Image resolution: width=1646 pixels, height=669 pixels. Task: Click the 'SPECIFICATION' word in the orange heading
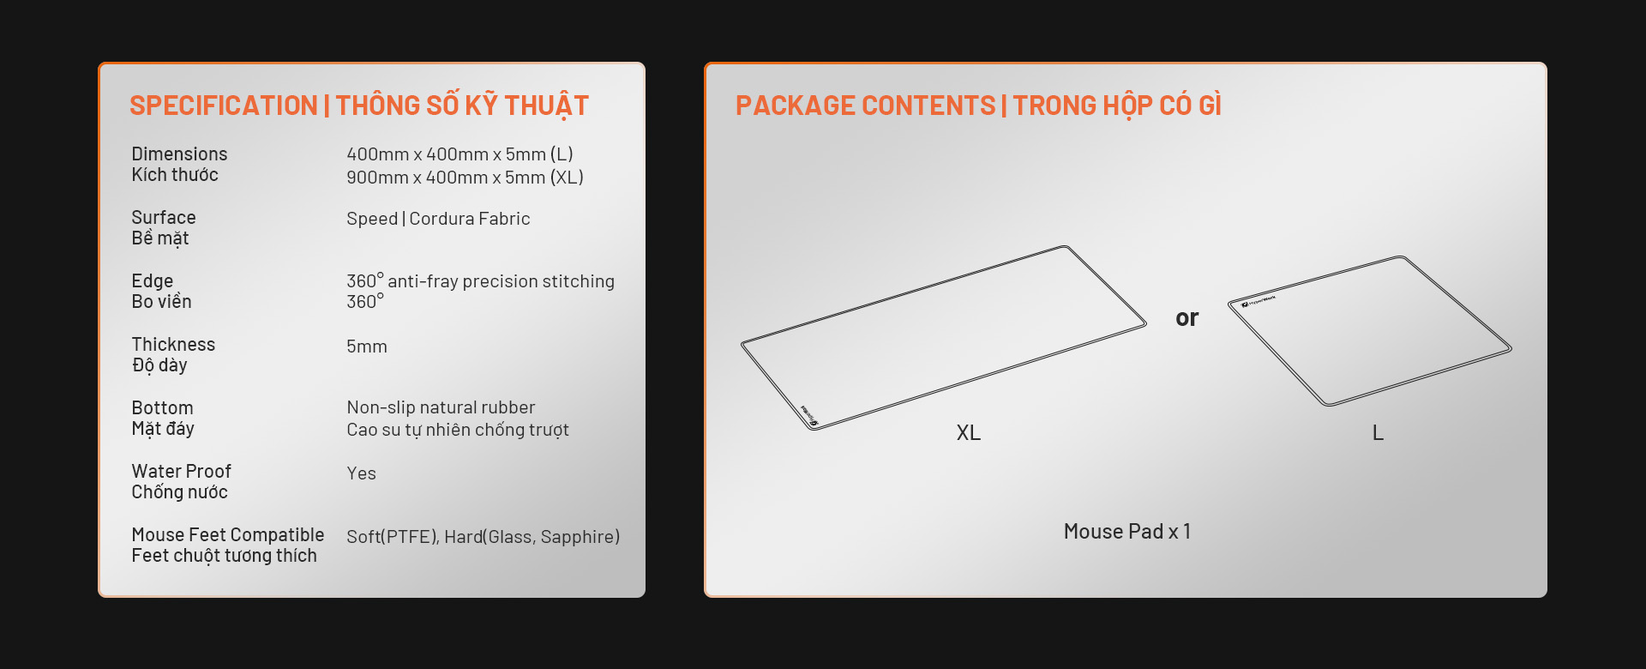pyautogui.click(x=224, y=105)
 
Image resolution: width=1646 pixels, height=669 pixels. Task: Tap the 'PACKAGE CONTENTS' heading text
pyautogui.click(x=866, y=105)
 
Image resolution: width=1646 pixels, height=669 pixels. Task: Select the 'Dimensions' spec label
pyautogui.click(x=179, y=154)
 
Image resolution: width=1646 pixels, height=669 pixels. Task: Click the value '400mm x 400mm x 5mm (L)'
pyautogui.click(x=460, y=154)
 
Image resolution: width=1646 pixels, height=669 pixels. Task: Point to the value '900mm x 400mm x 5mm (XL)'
pyautogui.click(x=465, y=178)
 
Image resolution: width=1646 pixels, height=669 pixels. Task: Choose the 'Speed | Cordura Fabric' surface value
pyautogui.click(x=438, y=219)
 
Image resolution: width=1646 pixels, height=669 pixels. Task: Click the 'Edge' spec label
pyautogui.click(x=153, y=281)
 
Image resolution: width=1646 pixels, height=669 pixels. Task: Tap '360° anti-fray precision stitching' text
pyautogui.click(x=480, y=281)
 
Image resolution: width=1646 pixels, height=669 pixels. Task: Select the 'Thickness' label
pyautogui.click(x=173, y=345)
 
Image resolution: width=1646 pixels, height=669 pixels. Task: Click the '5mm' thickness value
pyautogui.click(x=367, y=347)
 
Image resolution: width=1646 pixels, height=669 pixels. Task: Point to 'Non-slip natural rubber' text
pyautogui.click(x=441, y=407)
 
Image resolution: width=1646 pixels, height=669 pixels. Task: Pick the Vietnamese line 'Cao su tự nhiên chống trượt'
pyautogui.click(x=458, y=430)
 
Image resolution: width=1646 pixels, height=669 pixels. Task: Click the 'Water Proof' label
pyautogui.click(x=181, y=472)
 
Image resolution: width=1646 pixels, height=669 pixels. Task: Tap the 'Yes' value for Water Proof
pyautogui.click(x=361, y=473)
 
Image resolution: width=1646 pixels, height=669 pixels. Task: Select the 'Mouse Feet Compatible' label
pyautogui.click(x=228, y=535)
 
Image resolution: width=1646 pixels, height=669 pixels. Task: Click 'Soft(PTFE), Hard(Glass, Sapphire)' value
pyautogui.click(x=483, y=537)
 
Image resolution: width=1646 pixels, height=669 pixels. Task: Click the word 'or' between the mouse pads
pyautogui.click(x=1187, y=318)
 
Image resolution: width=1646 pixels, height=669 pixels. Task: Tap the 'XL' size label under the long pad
pyautogui.click(x=969, y=432)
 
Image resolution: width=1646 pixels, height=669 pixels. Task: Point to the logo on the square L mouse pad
pyautogui.click(x=1259, y=301)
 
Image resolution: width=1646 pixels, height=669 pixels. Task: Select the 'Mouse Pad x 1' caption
pyautogui.click(x=1127, y=532)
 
